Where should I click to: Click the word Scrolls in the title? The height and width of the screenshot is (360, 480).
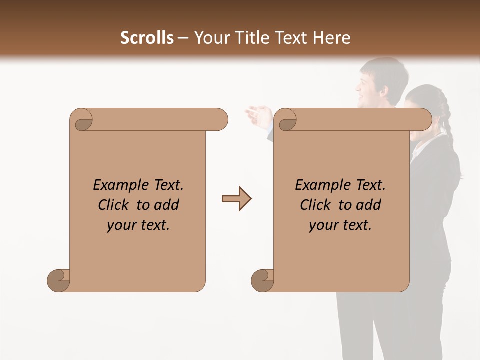[147, 38]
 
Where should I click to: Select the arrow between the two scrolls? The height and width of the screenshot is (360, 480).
[236, 198]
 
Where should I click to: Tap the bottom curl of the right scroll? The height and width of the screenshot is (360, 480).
[262, 280]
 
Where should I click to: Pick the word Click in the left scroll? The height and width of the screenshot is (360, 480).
[114, 205]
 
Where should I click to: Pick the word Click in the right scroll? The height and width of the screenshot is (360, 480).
[315, 205]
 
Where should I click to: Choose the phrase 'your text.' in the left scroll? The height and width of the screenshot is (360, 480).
[138, 225]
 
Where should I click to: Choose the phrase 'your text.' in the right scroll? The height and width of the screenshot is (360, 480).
[340, 225]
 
